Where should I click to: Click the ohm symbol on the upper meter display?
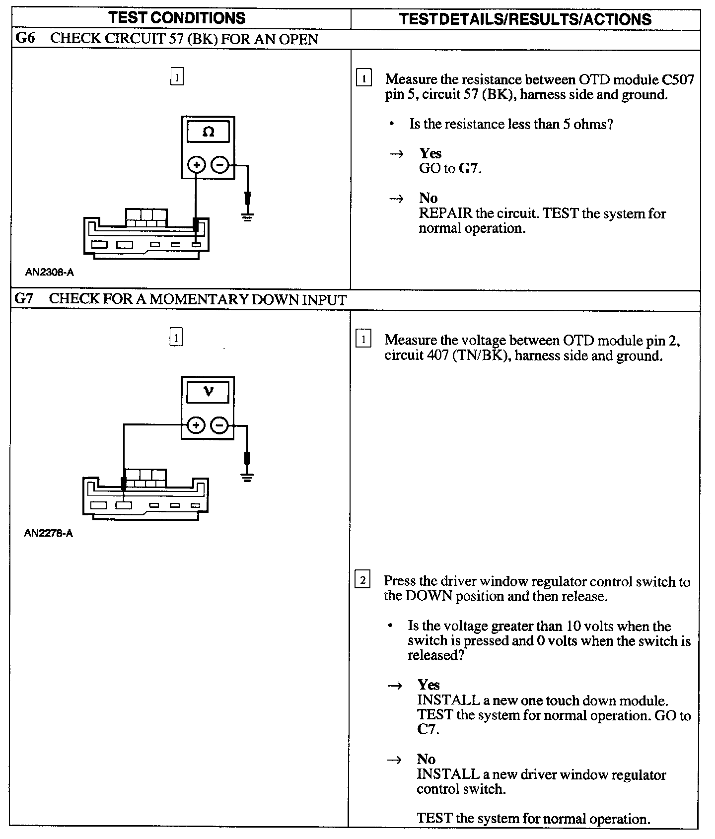[x=209, y=132]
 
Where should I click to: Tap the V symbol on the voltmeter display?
[x=209, y=392]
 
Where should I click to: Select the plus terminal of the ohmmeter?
[x=197, y=165]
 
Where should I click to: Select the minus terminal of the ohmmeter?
[x=220, y=165]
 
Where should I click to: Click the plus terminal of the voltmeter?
[x=196, y=425]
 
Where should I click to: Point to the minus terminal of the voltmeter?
[x=220, y=425]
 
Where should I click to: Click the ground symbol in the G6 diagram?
[x=247, y=216]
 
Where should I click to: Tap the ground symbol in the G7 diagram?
[x=247, y=477]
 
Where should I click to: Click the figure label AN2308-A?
[x=50, y=272]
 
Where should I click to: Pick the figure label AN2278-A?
[x=49, y=534]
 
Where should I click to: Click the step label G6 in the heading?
[x=26, y=38]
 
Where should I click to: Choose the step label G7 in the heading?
[x=24, y=299]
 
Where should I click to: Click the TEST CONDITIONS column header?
[x=177, y=18]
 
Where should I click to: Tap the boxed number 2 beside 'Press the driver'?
[x=362, y=580]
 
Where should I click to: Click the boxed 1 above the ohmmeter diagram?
[x=177, y=77]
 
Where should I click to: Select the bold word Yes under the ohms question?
[x=430, y=153]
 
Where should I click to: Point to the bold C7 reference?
[x=427, y=730]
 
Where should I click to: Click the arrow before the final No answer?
[x=395, y=760]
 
